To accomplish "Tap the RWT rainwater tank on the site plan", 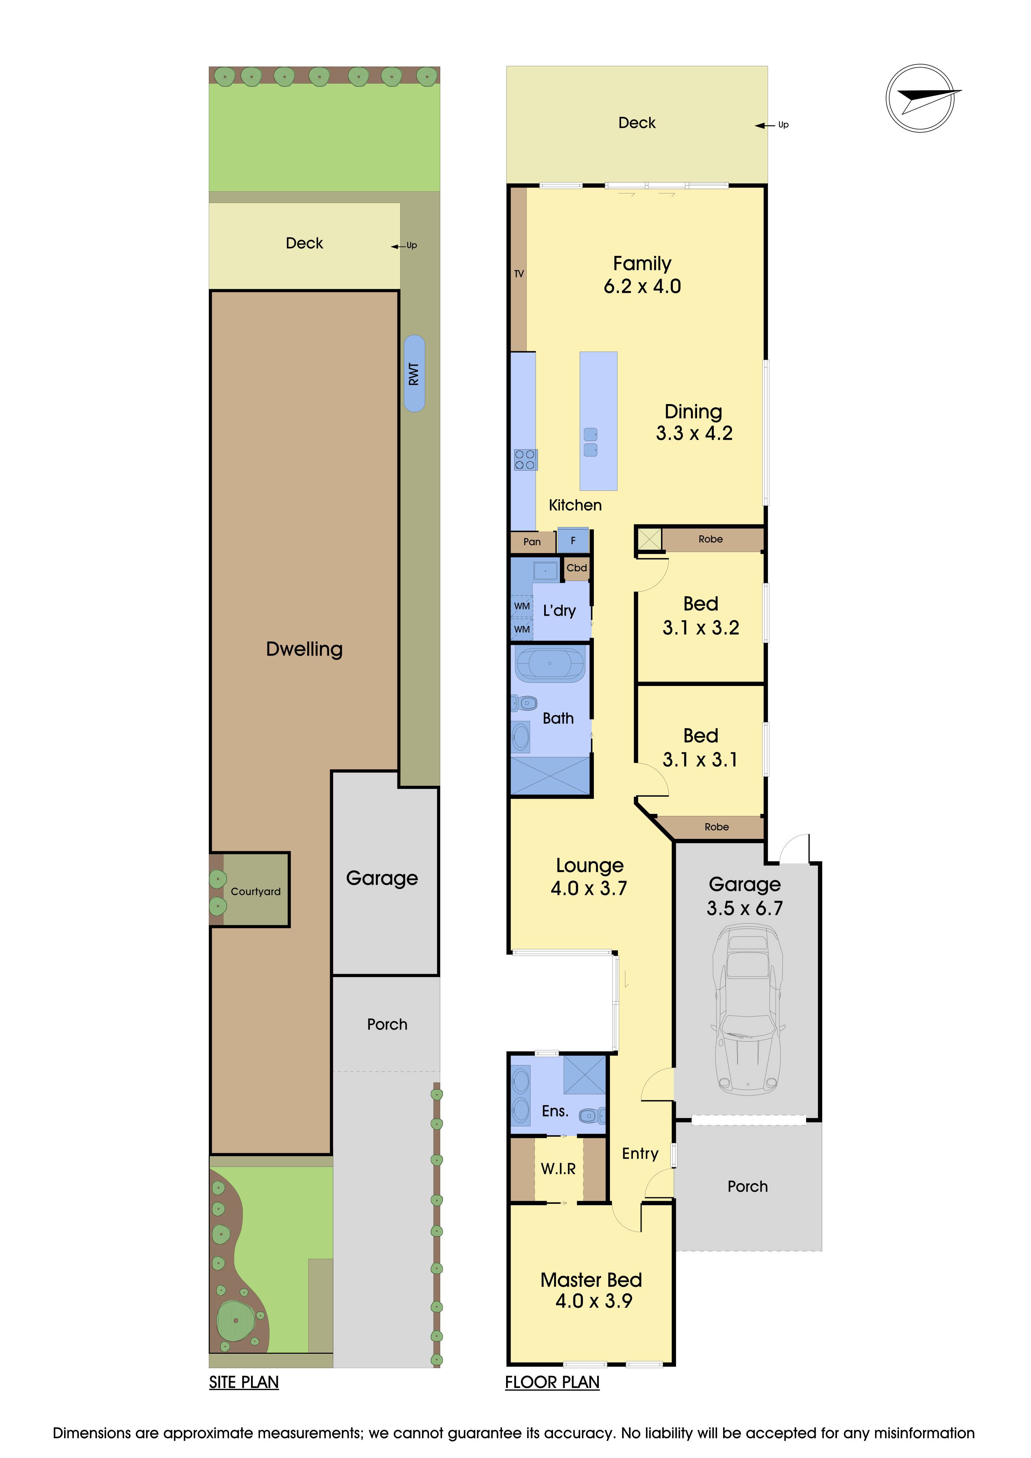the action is pyautogui.click(x=414, y=374).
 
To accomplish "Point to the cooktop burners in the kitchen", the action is pyautogui.click(x=526, y=460).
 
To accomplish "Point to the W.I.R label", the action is pyautogui.click(x=558, y=1169).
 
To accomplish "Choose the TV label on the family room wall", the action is pyautogui.click(x=519, y=274).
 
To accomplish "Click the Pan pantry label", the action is pyautogui.click(x=532, y=542).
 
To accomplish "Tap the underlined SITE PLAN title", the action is pyautogui.click(x=244, y=1383).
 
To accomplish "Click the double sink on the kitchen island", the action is pyautogui.click(x=590, y=442).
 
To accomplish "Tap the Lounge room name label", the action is pyautogui.click(x=590, y=866).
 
